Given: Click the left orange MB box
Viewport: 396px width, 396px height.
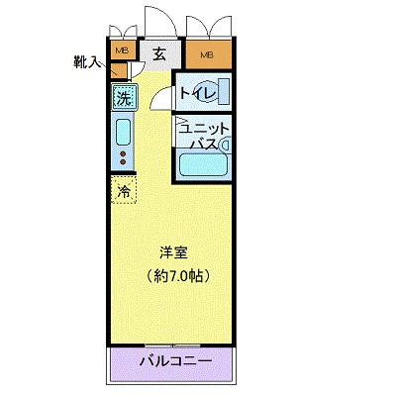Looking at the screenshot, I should pos(123,50).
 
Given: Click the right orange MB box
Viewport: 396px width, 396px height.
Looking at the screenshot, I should pos(206,53).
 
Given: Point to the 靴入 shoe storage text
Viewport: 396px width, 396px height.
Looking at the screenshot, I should pos(88,61).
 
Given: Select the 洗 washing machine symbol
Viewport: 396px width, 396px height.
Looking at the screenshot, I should pos(123,98).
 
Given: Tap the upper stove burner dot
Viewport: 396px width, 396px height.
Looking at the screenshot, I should pos(123,154).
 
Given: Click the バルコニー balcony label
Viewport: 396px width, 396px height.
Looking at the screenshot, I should pos(174,361).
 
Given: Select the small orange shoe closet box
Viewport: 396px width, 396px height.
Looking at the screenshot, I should pos(117,71).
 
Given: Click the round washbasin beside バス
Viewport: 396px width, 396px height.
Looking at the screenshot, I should pos(224,145).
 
